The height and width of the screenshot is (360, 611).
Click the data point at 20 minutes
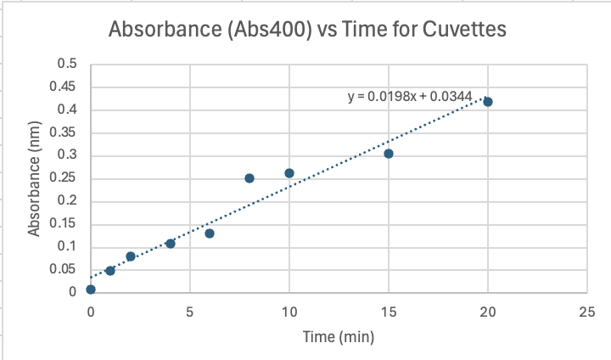click(488, 102)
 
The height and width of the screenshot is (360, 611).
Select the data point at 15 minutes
click(389, 154)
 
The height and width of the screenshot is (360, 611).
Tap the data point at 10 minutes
click(289, 173)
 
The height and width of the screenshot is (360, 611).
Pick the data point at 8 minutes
click(249, 178)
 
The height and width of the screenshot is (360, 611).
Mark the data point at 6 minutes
click(210, 233)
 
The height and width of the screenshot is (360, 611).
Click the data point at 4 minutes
click(171, 244)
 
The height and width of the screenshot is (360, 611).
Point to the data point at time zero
click(91, 290)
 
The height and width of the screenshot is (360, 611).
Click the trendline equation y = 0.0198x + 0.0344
click(410, 96)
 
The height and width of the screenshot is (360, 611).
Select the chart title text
click(307, 31)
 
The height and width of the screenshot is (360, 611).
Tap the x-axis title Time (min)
click(338, 337)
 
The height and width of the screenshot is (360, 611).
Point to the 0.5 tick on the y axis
click(66, 65)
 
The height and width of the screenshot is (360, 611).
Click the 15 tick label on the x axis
click(389, 311)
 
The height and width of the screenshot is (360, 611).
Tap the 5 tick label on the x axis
click(190, 311)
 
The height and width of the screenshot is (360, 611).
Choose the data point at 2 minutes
click(131, 256)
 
